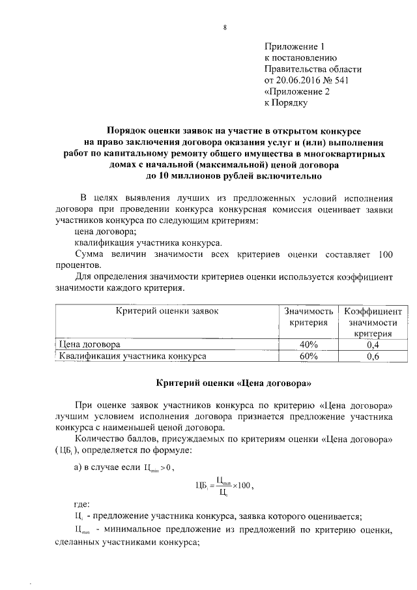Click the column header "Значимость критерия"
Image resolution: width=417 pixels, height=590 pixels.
(x=308, y=317)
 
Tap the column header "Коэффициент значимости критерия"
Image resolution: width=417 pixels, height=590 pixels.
(x=372, y=323)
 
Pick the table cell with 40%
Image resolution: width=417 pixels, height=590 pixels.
(x=308, y=344)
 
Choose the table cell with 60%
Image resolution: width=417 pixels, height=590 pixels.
(x=308, y=357)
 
